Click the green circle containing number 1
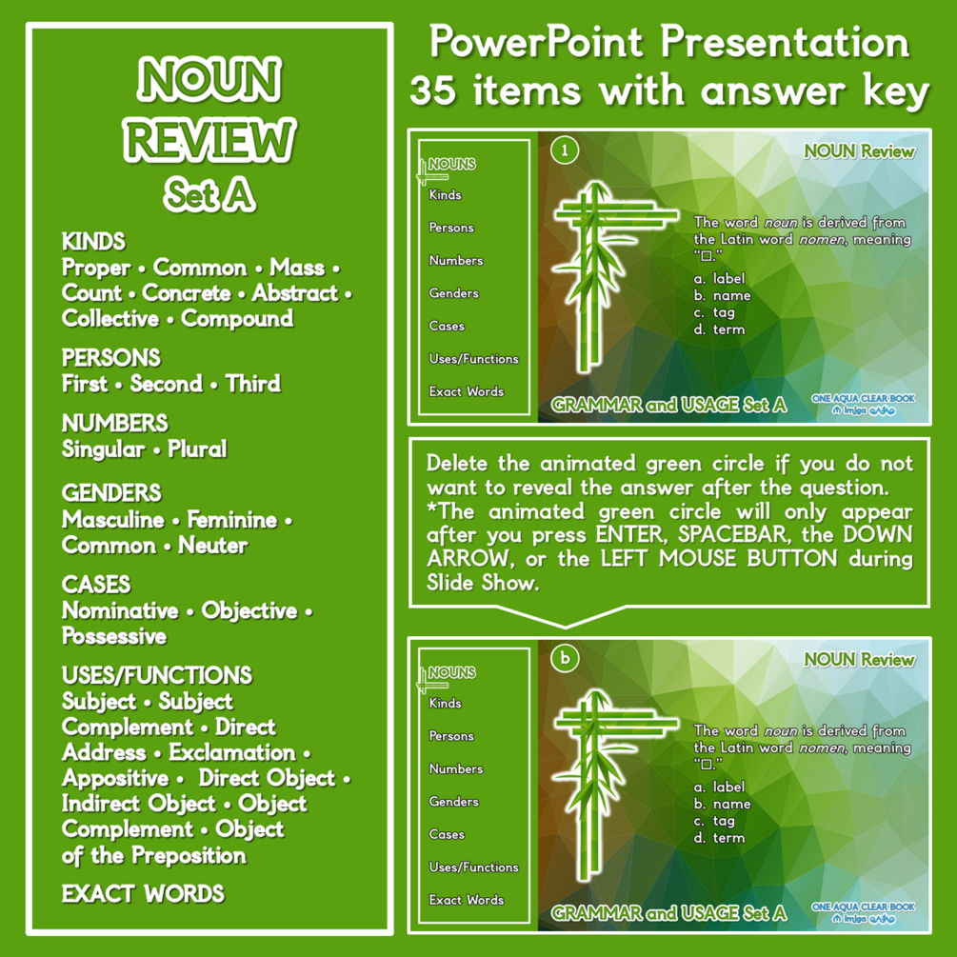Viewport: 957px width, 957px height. pyautogui.click(x=565, y=150)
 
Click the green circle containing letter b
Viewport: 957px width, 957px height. pyautogui.click(x=565, y=659)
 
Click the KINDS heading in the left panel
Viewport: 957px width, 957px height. pyautogui.click(x=93, y=242)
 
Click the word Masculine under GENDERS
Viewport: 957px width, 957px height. pyautogui.click(x=113, y=520)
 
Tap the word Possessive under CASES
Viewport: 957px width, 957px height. pyautogui.click(x=114, y=636)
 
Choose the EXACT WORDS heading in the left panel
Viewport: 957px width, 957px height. pyautogui.click(x=143, y=894)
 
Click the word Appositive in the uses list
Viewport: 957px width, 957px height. pyautogui.click(x=115, y=778)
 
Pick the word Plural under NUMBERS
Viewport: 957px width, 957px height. pyautogui.click(x=197, y=449)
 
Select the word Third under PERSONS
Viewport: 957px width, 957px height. pyautogui.click(x=252, y=384)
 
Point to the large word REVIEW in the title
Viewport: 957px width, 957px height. pyautogui.click(x=209, y=142)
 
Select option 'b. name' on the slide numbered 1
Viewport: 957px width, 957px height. pyautogui.click(x=722, y=295)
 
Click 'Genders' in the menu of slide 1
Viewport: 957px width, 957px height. pyautogui.click(x=453, y=293)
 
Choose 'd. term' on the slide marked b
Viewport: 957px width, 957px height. pyautogui.click(x=720, y=838)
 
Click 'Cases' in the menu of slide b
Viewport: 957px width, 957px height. pyautogui.click(x=447, y=834)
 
